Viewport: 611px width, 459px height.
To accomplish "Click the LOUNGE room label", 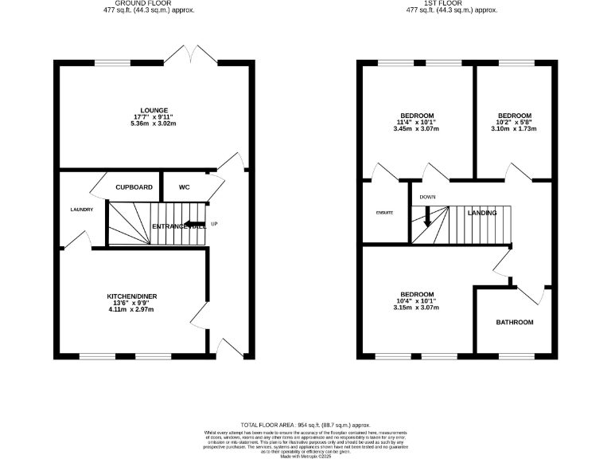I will pyautogui.click(x=154, y=110).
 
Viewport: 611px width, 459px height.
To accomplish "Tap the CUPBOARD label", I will pyautogui.click(x=134, y=187).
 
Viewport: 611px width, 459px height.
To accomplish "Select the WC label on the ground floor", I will pyautogui.click(x=184, y=187).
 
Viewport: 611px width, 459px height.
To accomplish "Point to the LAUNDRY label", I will pyautogui.click(x=81, y=210).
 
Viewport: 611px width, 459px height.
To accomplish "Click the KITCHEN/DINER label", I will pyautogui.click(x=132, y=296).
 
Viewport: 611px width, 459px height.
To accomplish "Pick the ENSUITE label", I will pyautogui.click(x=385, y=213).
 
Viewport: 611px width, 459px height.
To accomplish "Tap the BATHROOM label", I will pyautogui.click(x=515, y=322).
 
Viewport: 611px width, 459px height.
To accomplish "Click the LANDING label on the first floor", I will pyautogui.click(x=482, y=213).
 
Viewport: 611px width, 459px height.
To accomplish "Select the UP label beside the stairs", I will pyautogui.click(x=214, y=224).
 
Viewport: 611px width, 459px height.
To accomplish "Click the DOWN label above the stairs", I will pyautogui.click(x=427, y=196).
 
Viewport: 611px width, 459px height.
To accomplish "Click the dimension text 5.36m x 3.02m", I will pyautogui.click(x=154, y=124).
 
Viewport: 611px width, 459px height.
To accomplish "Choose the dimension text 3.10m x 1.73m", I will pyautogui.click(x=510, y=128).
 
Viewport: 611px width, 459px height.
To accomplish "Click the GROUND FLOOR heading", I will pyautogui.click(x=149, y=3).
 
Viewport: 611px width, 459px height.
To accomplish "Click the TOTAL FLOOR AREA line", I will pyautogui.click(x=305, y=426).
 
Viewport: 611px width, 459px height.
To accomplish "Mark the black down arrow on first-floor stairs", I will pyautogui.click(x=427, y=218).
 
